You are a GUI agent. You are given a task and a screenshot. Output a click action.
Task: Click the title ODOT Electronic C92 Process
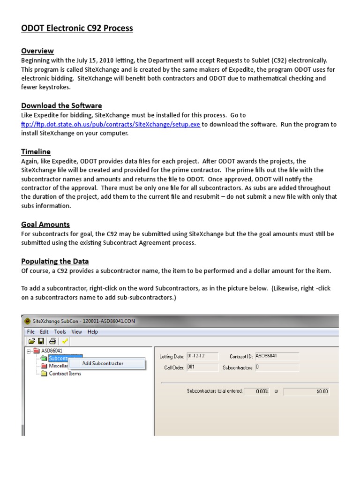pos(77,29)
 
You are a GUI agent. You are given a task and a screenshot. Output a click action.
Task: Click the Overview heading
pos(37,51)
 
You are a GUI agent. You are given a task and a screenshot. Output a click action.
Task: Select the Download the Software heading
pos(61,105)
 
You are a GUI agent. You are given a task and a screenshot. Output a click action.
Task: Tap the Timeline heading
pos(36,151)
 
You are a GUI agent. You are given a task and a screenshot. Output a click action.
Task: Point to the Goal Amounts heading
pos(45,224)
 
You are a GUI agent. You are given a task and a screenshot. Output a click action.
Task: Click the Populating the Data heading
pos(55,261)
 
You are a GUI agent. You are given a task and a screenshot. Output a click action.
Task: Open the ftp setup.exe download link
pos(111,124)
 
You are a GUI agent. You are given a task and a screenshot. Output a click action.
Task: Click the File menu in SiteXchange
pos(31,331)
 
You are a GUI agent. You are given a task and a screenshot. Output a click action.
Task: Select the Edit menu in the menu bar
pos(45,331)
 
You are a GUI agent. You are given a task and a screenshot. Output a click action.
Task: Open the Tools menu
pos(60,331)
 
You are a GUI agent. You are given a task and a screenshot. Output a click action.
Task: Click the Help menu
pos(93,331)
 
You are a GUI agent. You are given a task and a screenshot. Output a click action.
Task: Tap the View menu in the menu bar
pos(76,331)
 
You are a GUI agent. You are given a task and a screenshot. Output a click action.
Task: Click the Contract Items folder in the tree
pos(65,374)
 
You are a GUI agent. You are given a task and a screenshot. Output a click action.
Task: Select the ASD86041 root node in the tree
pos(52,350)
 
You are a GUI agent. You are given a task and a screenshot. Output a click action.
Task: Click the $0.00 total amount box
pos(307,391)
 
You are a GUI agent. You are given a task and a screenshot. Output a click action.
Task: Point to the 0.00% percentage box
pos(257,391)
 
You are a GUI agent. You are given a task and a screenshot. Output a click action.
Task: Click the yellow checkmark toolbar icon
pos(65,341)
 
